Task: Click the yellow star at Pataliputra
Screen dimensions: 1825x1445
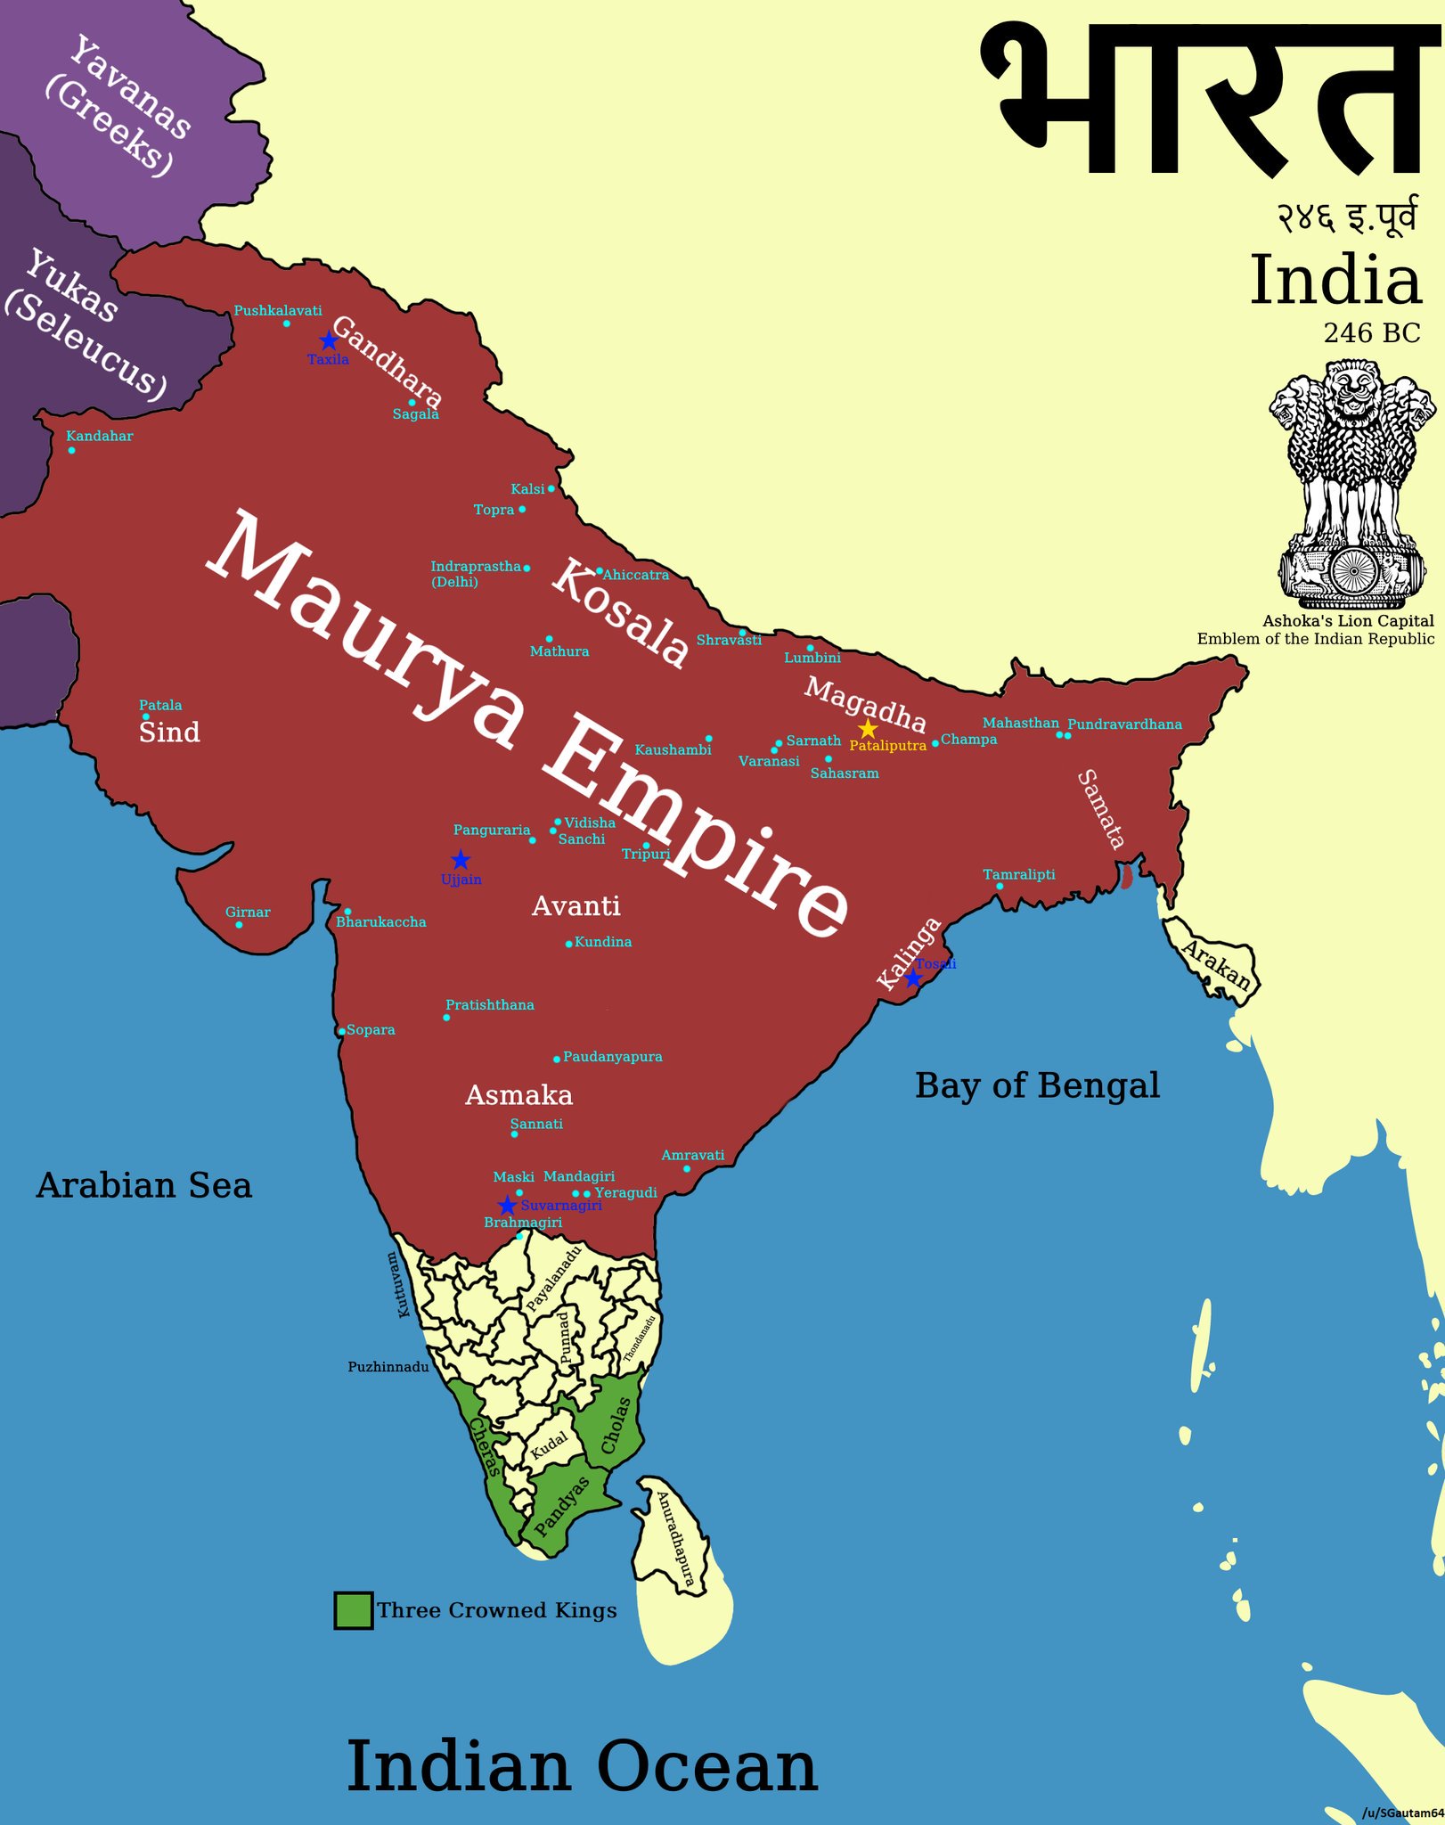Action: tap(867, 730)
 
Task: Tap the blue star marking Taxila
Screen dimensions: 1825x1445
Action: tap(328, 340)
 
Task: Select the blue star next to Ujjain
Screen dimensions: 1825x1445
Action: tap(460, 860)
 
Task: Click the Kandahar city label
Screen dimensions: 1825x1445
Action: tap(100, 436)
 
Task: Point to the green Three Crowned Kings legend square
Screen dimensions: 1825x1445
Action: tap(353, 1610)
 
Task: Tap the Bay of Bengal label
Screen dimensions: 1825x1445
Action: tap(1037, 1085)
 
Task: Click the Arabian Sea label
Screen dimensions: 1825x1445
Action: tap(143, 1185)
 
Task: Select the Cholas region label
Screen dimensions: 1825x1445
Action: tap(615, 1425)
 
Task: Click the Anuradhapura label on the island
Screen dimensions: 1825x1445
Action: tap(674, 1538)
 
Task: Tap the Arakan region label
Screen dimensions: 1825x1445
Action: tap(1217, 965)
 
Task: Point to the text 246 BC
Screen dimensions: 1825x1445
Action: tap(1371, 333)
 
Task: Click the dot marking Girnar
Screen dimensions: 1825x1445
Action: tap(239, 925)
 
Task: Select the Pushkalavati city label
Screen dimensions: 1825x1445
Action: tap(278, 310)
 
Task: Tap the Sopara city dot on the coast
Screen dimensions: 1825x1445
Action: tap(341, 1031)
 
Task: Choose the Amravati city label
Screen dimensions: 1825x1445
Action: tap(692, 1155)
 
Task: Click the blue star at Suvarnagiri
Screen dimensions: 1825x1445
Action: tap(507, 1206)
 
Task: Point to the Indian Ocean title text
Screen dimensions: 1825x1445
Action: tap(581, 1769)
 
